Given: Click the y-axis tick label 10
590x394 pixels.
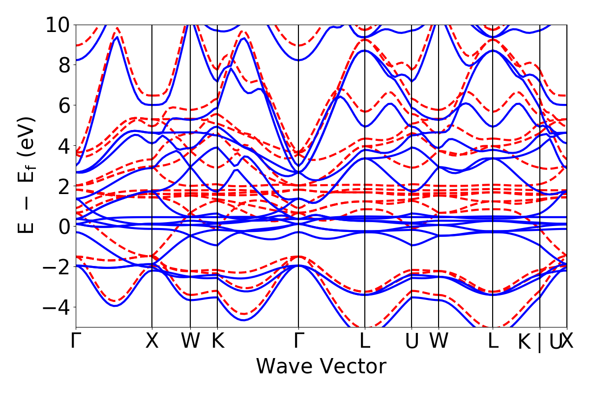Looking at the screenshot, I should [58, 25].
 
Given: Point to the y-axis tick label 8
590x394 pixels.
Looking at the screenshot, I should [63, 65].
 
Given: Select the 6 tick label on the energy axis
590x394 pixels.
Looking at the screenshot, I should [63, 105].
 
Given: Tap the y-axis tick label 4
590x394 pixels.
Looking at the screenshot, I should [63, 146].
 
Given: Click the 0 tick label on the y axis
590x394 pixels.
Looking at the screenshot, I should [63, 227].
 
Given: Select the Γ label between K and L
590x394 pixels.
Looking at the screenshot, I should [298, 341].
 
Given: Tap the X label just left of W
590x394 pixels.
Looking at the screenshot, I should [152, 341].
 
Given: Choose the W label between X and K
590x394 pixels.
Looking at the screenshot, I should [190, 341].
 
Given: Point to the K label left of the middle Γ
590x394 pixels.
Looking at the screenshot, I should [217, 341].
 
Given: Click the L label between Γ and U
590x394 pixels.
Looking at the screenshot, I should [364, 341].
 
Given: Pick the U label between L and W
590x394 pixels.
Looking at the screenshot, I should [412, 341].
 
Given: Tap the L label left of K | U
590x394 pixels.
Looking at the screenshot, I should [493, 341].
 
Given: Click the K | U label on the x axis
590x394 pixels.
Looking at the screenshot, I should [540, 342].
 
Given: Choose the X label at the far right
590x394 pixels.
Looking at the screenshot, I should [567, 341].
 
